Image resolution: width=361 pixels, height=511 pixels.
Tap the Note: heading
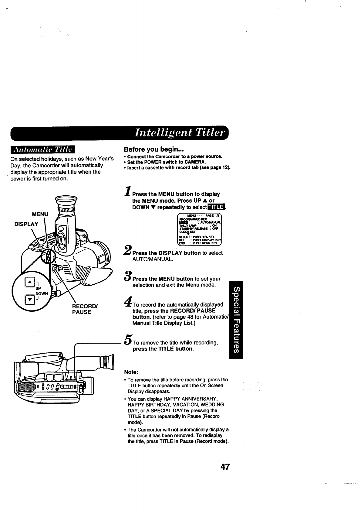coord(131,372)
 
